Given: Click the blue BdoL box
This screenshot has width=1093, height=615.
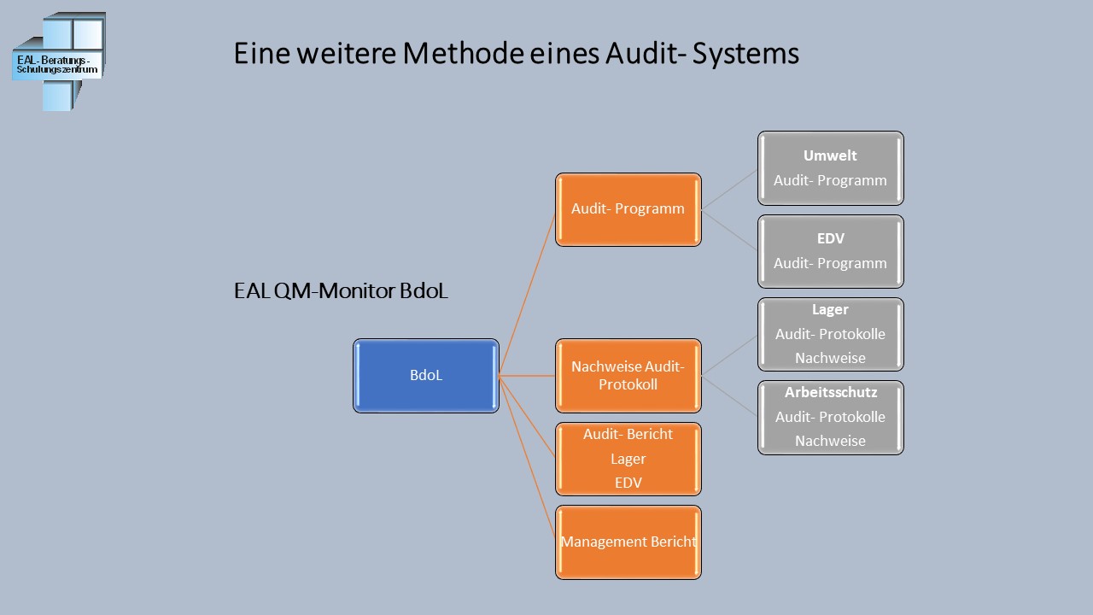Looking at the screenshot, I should pyautogui.click(x=425, y=376).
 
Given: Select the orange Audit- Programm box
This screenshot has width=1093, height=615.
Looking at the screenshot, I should pyautogui.click(x=628, y=210).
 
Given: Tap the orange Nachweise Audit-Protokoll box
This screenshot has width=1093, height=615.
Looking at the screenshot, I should pyautogui.click(x=628, y=376).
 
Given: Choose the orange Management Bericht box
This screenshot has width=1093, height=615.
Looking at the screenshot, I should pyautogui.click(x=628, y=542).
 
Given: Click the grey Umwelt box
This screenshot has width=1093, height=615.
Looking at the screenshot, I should pyautogui.click(x=830, y=168).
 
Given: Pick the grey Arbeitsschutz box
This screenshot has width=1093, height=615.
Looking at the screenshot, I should pyautogui.click(x=830, y=418).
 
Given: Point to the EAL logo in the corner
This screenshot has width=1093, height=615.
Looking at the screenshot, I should pyautogui.click(x=58, y=61).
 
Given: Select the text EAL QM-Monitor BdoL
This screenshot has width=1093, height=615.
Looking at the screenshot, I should pyautogui.click(x=341, y=291).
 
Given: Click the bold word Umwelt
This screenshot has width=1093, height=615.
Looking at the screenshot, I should pyautogui.click(x=830, y=155).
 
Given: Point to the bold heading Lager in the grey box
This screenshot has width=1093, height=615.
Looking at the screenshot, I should pyautogui.click(x=830, y=310).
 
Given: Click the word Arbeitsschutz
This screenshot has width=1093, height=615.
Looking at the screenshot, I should pyautogui.click(x=830, y=393).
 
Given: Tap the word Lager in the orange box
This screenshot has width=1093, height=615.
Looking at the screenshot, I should pyautogui.click(x=628, y=459).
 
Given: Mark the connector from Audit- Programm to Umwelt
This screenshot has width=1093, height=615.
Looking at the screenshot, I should pyautogui.click(x=729, y=189).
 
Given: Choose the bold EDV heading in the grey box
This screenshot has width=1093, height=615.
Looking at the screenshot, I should pyautogui.click(x=830, y=239).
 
